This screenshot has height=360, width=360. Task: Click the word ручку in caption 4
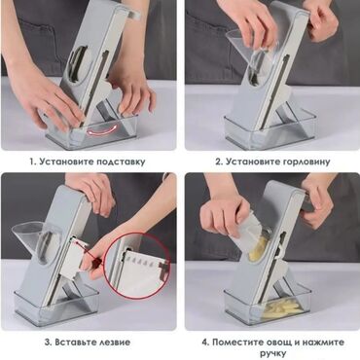[x=273, y=354]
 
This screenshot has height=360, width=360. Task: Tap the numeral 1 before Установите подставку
[x=33, y=162]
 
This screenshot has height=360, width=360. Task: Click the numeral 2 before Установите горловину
[x=219, y=162]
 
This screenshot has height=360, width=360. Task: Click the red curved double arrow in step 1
[x=103, y=130]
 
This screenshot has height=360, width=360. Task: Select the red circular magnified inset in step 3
[x=137, y=266]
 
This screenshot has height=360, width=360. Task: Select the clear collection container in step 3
[x=55, y=304]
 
